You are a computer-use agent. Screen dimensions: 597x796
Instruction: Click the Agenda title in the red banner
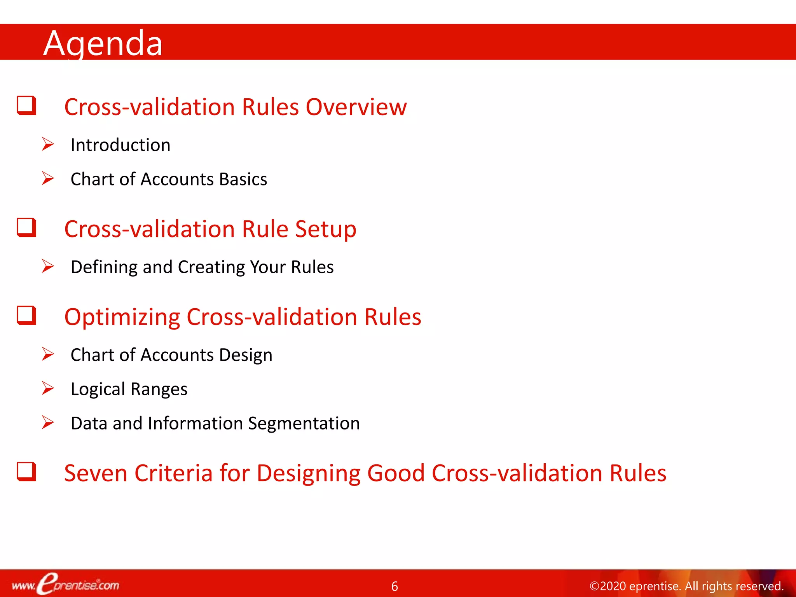103,44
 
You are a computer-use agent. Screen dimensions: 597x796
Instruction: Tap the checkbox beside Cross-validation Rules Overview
26,105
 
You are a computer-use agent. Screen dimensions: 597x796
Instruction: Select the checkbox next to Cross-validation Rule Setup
26,227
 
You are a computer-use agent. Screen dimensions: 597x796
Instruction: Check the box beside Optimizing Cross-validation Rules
26,315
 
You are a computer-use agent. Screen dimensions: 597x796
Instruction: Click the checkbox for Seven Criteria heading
26,471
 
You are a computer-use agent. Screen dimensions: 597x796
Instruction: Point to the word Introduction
120,145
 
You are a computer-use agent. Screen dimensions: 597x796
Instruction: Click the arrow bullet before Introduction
48,144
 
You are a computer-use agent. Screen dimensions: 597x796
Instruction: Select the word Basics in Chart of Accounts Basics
243,180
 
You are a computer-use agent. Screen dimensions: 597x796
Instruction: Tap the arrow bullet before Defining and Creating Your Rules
48,266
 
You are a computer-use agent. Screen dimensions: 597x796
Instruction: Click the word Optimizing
122,317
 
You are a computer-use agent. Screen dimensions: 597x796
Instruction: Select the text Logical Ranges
129,389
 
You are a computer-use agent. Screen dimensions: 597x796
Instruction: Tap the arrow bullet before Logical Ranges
48,388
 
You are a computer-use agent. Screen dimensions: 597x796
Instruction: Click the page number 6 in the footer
395,586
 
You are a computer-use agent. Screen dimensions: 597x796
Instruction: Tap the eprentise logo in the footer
65,584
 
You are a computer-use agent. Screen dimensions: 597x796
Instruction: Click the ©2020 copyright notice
686,586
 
